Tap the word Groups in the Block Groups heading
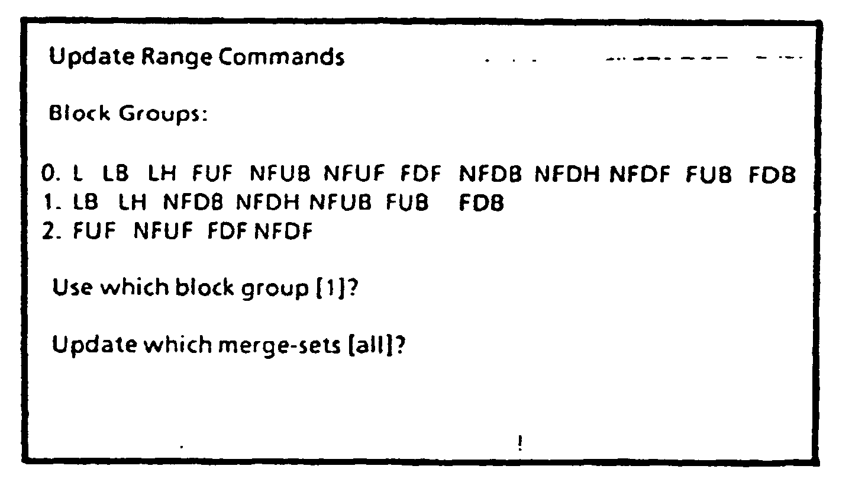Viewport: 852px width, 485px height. point(164,114)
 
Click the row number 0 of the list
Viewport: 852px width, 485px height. point(50,175)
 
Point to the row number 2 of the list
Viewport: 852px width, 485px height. point(50,231)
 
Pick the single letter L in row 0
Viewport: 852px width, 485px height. point(78,175)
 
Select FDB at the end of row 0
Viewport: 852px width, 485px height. point(772,175)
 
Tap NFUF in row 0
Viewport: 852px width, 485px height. point(354,175)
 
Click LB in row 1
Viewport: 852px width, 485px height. point(85,203)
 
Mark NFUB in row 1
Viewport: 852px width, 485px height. point(341,203)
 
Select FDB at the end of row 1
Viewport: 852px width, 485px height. point(481,203)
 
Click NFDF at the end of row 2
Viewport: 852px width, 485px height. point(283,231)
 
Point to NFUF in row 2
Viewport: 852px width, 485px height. point(164,231)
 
